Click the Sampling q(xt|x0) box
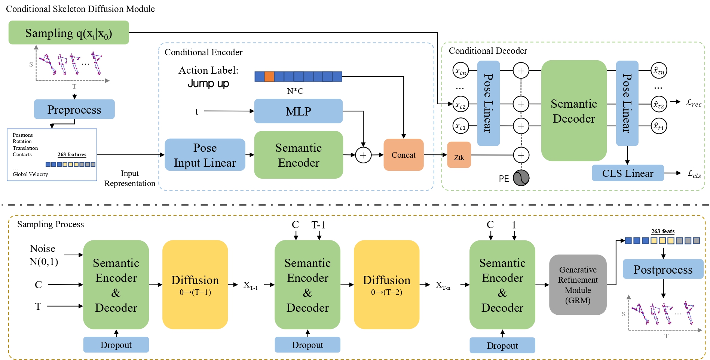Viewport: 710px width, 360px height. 68,33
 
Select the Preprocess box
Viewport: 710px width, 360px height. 74,110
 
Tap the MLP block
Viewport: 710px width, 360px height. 298,111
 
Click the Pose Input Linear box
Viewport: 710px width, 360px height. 205,155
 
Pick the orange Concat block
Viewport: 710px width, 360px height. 403,155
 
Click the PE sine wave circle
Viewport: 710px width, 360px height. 521,178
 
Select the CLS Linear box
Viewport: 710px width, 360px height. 627,173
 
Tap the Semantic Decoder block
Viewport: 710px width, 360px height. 573,111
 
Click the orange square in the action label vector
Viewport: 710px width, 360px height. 269,77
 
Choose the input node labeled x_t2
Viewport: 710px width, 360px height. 460,105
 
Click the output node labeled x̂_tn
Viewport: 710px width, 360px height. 659,70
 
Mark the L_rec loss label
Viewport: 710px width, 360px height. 694,102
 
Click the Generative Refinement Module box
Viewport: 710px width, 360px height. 578,285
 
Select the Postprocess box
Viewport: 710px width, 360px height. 662,269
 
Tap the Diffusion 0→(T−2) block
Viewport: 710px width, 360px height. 386,284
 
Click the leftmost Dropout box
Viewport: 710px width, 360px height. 116,345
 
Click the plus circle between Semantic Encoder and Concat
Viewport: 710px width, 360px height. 363,155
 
